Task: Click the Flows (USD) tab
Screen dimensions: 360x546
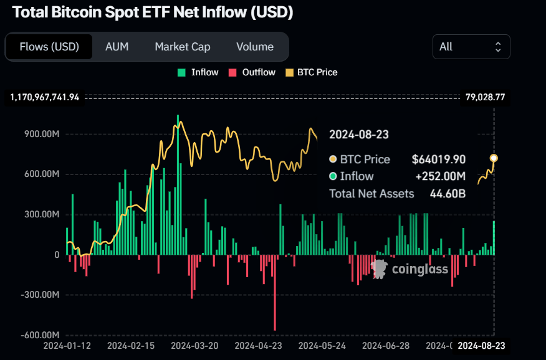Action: click(x=49, y=47)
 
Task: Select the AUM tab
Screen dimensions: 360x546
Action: click(x=117, y=47)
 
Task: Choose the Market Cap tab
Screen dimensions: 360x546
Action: click(x=183, y=47)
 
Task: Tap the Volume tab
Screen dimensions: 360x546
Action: click(x=255, y=47)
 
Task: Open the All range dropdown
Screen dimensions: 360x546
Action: click(x=471, y=47)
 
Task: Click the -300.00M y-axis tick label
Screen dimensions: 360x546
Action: click(x=41, y=295)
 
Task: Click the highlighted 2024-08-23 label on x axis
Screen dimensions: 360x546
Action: click(x=481, y=345)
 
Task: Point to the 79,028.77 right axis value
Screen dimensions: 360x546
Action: click(x=485, y=97)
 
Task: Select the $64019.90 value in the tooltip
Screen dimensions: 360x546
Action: click(x=438, y=159)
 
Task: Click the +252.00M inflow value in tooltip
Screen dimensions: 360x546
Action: click(x=439, y=176)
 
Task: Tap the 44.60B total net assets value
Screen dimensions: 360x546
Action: click(x=448, y=194)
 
